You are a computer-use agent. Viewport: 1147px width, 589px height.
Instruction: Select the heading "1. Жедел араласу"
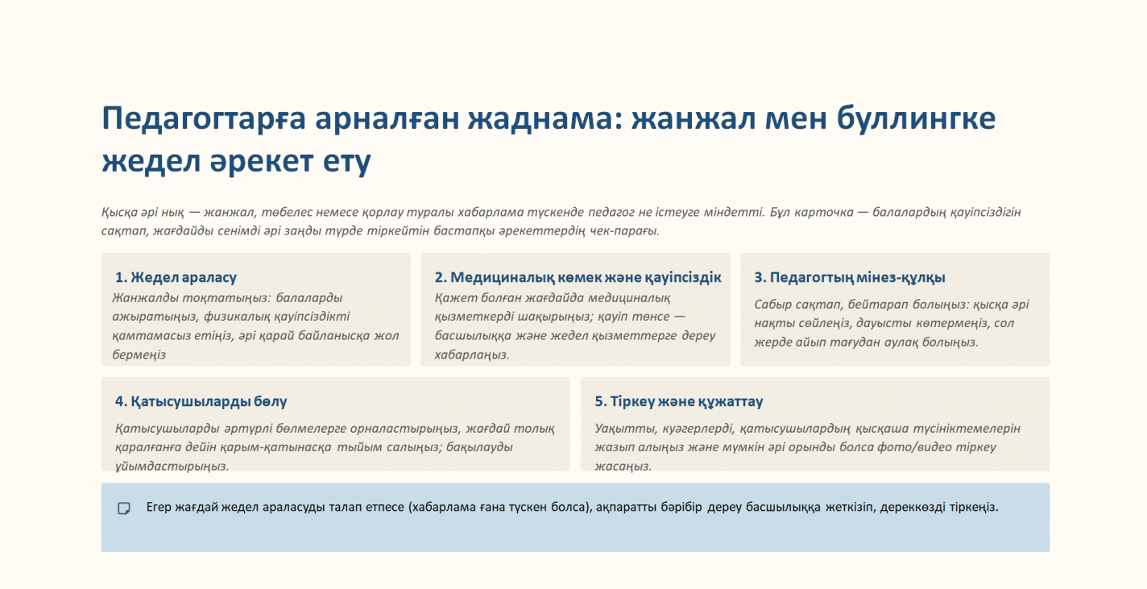click(x=176, y=277)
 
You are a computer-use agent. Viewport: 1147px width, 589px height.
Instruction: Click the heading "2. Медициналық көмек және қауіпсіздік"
click(x=578, y=277)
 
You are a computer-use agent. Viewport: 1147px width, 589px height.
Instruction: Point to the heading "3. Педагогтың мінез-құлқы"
click(x=850, y=277)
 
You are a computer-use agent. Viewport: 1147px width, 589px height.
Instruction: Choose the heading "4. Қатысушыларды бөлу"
click(x=201, y=401)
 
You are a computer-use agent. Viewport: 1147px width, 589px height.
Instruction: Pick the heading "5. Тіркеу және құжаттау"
click(x=678, y=401)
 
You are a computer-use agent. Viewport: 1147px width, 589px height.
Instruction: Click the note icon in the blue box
click(x=124, y=508)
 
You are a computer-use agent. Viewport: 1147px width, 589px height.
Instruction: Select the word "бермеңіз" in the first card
click(x=139, y=355)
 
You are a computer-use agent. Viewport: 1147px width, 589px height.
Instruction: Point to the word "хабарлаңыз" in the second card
click(x=471, y=355)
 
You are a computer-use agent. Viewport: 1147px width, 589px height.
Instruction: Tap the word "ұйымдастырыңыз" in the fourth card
click(x=172, y=467)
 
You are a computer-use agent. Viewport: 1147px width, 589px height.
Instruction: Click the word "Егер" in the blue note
click(x=159, y=507)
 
